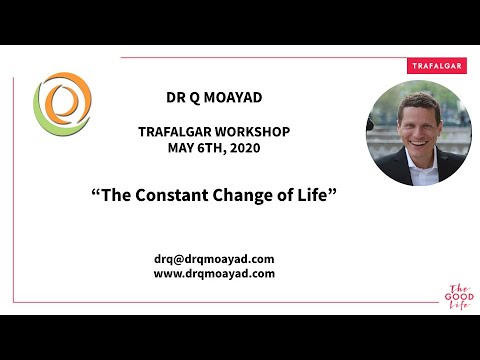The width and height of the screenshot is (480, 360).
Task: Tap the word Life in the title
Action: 311,193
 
